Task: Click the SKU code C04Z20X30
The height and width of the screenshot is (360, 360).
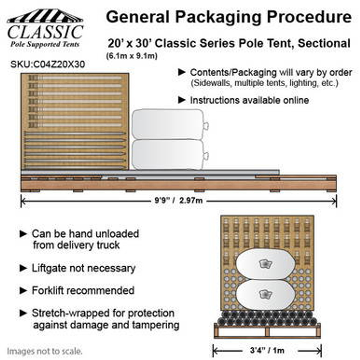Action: pyautogui.click(x=48, y=64)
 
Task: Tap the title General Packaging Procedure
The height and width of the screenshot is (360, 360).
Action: pyautogui.click(x=228, y=17)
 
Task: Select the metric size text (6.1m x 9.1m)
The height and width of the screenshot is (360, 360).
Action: pyautogui.click(x=132, y=56)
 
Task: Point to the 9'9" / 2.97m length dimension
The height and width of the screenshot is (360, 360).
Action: pyautogui.click(x=178, y=201)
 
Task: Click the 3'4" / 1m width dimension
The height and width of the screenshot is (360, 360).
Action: pyautogui.click(x=267, y=350)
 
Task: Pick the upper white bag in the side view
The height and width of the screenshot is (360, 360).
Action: pyautogui.click(x=168, y=124)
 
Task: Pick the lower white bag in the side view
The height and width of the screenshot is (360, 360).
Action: pyautogui.click(x=168, y=154)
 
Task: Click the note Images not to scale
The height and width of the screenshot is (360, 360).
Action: pyautogui.click(x=45, y=351)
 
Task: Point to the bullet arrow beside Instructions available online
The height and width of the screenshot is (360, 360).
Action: pyautogui.click(x=182, y=100)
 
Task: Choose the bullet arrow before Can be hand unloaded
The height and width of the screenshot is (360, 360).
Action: pyautogui.click(x=23, y=234)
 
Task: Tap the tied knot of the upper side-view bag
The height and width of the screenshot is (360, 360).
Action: pyautogui.click(x=206, y=125)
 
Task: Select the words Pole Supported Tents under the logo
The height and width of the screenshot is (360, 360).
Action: pyautogui.click(x=45, y=44)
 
